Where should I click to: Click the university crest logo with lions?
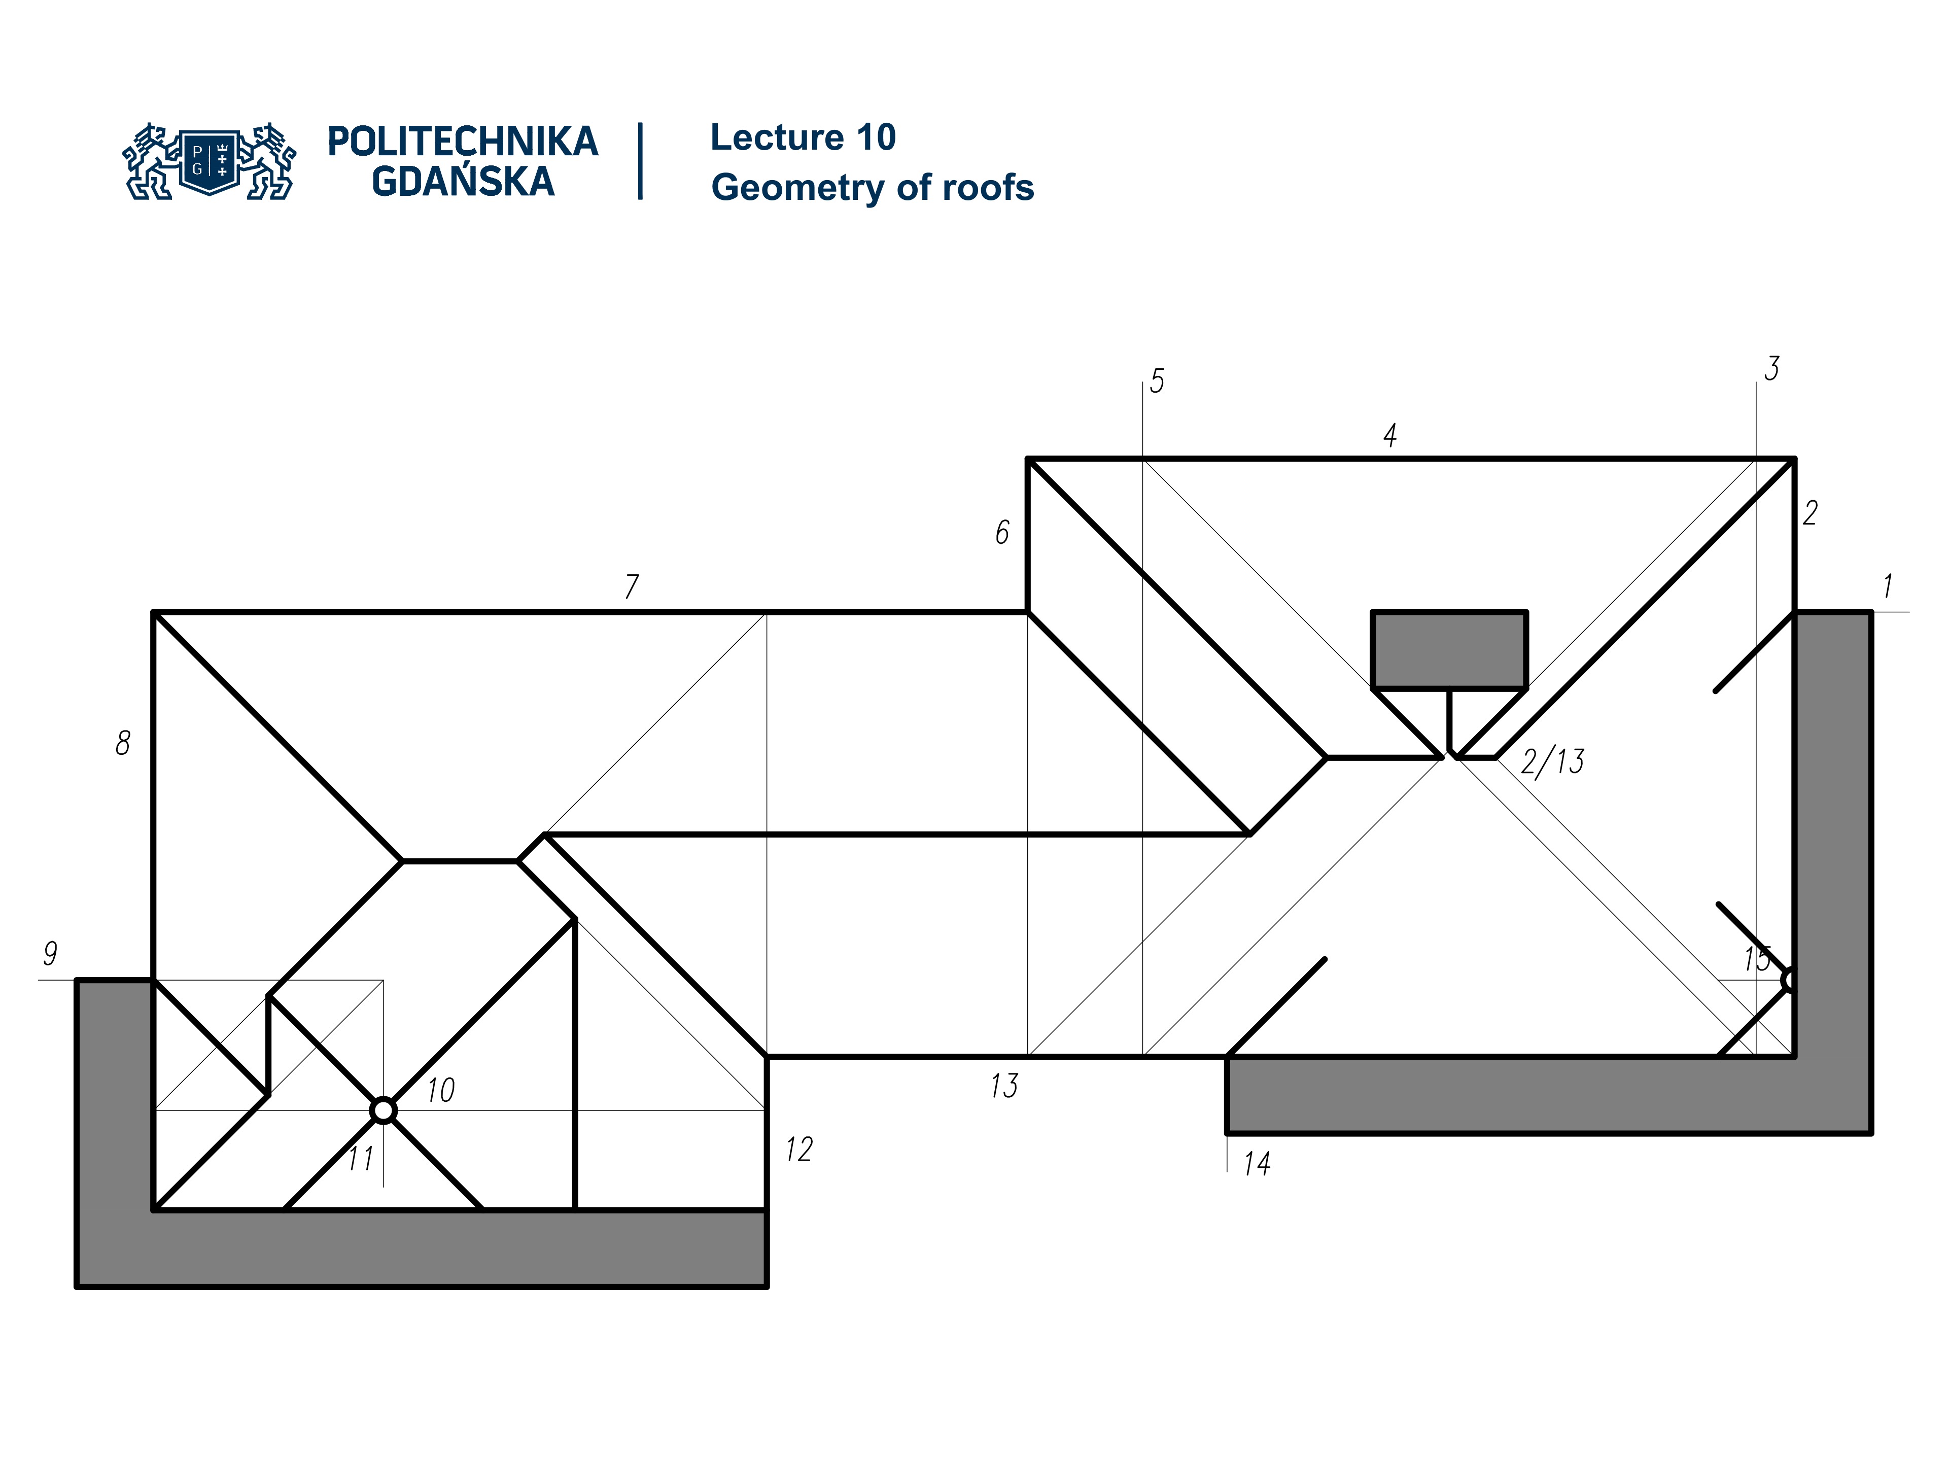pyautogui.click(x=210, y=161)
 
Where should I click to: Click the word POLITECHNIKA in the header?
pyautogui.click(x=462, y=142)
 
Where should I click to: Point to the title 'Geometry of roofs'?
pyautogui.click(x=872, y=188)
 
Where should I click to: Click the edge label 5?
pyautogui.click(x=1156, y=381)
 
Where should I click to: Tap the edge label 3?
pyautogui.click(x=1771, y=369)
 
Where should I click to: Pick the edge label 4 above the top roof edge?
pyautogui.click(x=1389, y=435)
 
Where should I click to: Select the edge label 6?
pyautogui.click(x=1002, y=532)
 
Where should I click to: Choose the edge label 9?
pyautogui.click(x=50, y=953)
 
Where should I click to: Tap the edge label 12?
pyautogui.click(x=799, y=1149)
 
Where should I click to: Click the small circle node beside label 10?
pyautogui.click(x=383, y=1110)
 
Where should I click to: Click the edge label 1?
pyautogui.click(x=1887, y=585)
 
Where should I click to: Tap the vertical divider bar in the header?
pyautogui.click(x=640, y=161)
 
